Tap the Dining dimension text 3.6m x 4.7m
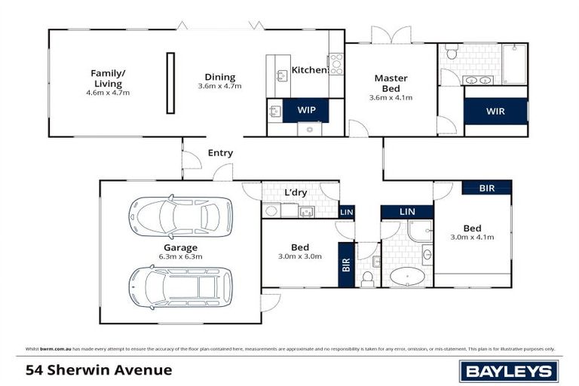point(219,86)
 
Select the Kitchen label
point(309,70)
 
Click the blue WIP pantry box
point(306,110)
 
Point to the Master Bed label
point(391,82)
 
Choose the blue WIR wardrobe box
point(495,111)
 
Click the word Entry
point(220,153)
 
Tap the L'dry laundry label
point(295,192)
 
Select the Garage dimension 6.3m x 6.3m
point(181,256)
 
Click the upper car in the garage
point(181,216)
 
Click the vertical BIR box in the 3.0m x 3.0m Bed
point(346,265)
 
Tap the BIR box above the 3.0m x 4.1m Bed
point(487,188)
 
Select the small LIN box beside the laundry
point(346,212)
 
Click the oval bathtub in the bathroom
point(408,277)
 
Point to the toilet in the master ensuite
point(451,53)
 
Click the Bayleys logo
point(509,370)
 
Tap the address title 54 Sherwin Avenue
point(99,370)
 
